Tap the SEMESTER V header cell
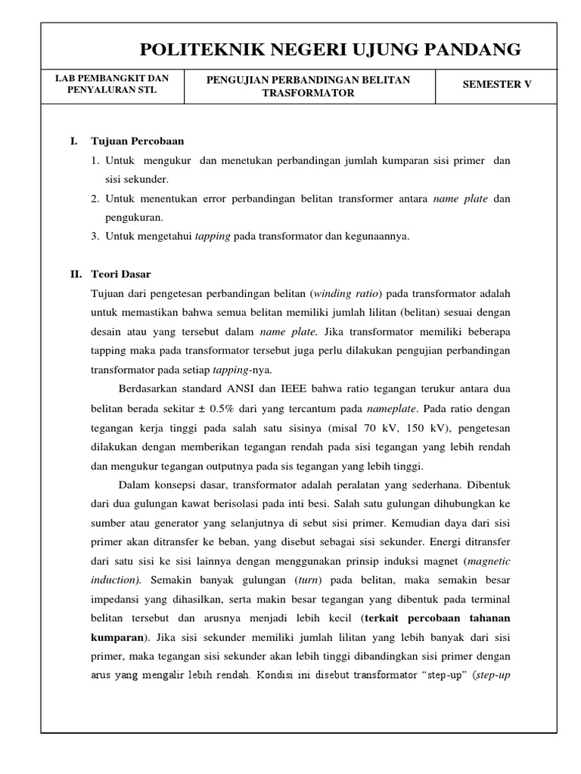[497, 85]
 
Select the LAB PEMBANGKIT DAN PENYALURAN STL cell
[112, 85]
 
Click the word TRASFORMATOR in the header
[309, 92]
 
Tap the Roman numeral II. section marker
[75, 274]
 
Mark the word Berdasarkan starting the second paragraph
[152, 389]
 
